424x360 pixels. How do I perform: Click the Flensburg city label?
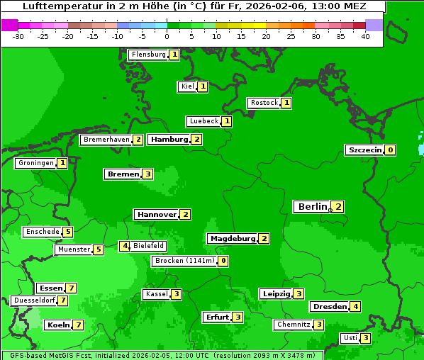(x=148, y=55)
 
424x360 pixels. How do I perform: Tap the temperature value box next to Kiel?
(x=202, y=87)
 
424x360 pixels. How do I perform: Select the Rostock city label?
(x=264, y=103)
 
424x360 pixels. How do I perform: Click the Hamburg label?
(x=169, y=140)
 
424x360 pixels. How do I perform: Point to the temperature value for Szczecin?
(x=390, y=150)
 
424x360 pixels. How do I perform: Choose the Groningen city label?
(x=35, y=164)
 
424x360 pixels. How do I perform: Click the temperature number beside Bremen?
(x=147, y=174)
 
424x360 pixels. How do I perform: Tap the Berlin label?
(x=312, y=207)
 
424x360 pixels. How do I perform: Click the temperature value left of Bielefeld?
(x=124, y=247)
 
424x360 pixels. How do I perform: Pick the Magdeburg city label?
(x=232, y=239)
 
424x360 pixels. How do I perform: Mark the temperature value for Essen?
(x=71, y=288)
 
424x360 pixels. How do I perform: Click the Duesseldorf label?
(x=34, y=300)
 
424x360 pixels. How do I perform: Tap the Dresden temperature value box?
(x=356, y=307)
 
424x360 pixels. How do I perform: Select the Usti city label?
(x=350, y=338)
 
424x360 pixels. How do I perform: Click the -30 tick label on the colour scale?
(x=18, y=36)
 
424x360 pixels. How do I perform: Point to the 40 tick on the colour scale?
(x=365, y=36)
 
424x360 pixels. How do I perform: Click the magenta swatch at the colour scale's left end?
(x=9, y=25)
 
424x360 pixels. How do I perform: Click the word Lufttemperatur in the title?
(x=54, y=6)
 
